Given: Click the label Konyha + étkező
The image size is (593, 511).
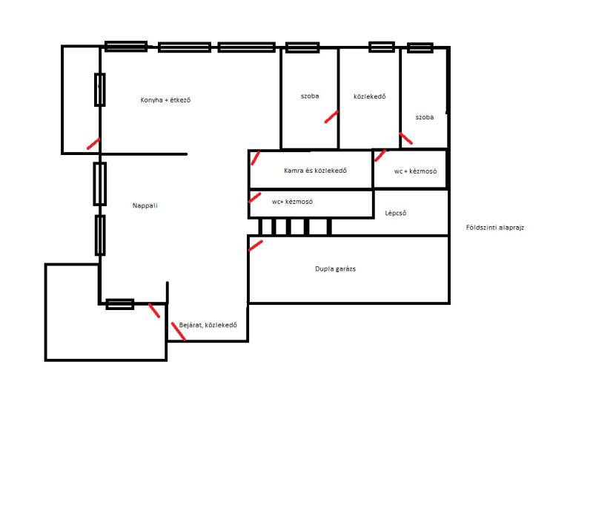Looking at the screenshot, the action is pyautogui.click(x=165, y=100).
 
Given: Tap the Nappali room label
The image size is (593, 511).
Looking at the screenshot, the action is pyautogui.click(x=145, y=205).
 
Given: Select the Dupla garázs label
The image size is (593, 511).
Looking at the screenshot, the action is pyautogui.click(x=336, y=268).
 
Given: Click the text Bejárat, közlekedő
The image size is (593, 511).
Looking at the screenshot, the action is pyautogui.click(x=208, y=325).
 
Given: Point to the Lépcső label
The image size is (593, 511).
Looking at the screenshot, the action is pyautogui.click(x=396, y=213).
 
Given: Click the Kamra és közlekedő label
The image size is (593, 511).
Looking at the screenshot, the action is pyautogui.click(x=315, y=171).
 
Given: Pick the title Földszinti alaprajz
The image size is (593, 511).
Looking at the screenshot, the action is pyautogui.click(x=495, y=228).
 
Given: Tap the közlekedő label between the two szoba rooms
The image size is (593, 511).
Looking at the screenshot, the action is pyautogui.click(x=369, y=96).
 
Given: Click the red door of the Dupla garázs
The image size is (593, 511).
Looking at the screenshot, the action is pyautogui.click(x=255, y=245).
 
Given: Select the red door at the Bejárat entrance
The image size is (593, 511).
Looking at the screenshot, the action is pyautogui.click(x=178, y=332).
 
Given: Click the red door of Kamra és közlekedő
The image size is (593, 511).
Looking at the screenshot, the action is pyautogui.click(x=256, y=158).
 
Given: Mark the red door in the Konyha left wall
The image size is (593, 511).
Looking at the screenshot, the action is pyautogui.click(x=93, y=144).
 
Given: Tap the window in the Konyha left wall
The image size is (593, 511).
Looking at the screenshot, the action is pyautogui.click(x=100, y=90).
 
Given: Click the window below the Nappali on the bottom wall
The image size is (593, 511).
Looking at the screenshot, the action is pyautogui.click(x=120, y=304).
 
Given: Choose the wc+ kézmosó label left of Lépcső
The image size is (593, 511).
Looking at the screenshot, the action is pyautogui.click(x=292, y=202).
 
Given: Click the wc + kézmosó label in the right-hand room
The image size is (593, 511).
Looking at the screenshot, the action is pyautogui.click(x=415, y=171).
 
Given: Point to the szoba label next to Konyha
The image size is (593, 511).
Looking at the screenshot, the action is pyautogui.click(x=310, y=96).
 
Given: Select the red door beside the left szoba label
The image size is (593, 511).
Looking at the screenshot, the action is pyautogui.click(x=331, y=116).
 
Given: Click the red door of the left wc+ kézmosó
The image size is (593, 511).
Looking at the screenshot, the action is pyautogui.click(x=255, y=197).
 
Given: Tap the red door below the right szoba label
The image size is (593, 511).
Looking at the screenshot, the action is pyautogui.click(x=405, y=139).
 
